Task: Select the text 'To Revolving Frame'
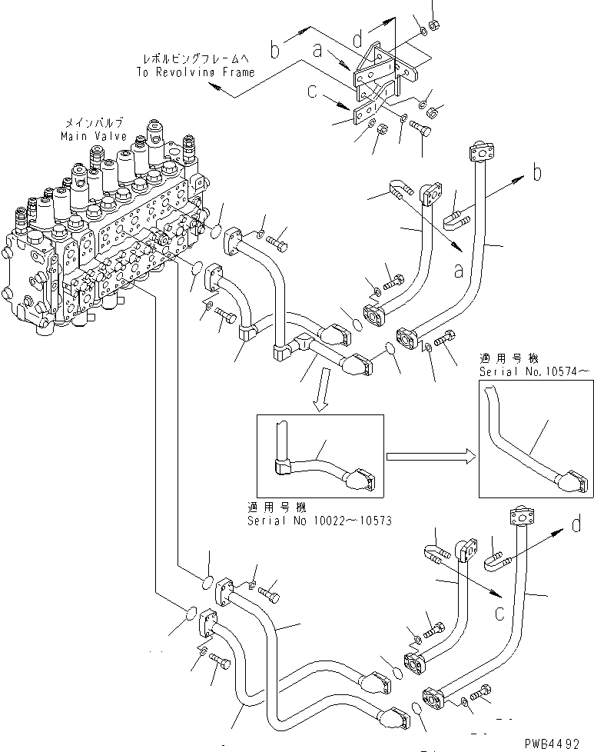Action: [196, 72]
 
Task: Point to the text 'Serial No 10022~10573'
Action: [319, 521]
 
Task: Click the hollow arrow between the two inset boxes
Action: [429, 455]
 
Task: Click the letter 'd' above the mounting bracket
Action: [357, 37]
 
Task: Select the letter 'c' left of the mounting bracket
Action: [311, 92]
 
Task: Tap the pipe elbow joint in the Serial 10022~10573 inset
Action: [281, 464]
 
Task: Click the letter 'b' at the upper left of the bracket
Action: [275, 52]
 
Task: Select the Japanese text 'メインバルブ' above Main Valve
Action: [89, 123]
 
